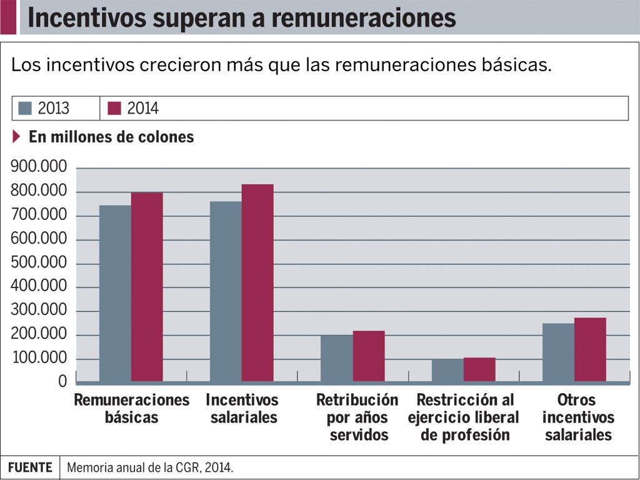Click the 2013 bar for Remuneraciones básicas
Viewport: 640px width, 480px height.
click(x=115, y=293)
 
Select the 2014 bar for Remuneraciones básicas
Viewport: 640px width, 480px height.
click(x=147, y=287)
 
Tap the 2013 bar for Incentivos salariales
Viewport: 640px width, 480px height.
click(x=226, y=291)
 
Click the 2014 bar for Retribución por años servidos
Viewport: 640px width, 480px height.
click(x=369, y=356)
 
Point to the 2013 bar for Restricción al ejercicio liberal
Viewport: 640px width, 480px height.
click(x=447, y=370)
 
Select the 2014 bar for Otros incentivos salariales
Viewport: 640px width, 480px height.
click(x=590, y=349)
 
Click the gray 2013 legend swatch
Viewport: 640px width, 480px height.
click(x=25, y=108)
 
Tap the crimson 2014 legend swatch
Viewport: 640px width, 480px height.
click(x=114, y=108)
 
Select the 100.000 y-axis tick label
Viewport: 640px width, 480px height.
click(x=39, y=359)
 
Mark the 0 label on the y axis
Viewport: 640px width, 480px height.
click(x=62, y=381)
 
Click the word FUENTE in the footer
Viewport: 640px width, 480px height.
click(x=30, y=467)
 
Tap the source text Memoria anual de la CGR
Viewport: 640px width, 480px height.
click(x=150, y=467)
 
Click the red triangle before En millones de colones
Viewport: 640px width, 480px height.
click(x=17, y=136)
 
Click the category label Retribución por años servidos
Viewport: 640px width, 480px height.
click(x=357, y=417)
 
